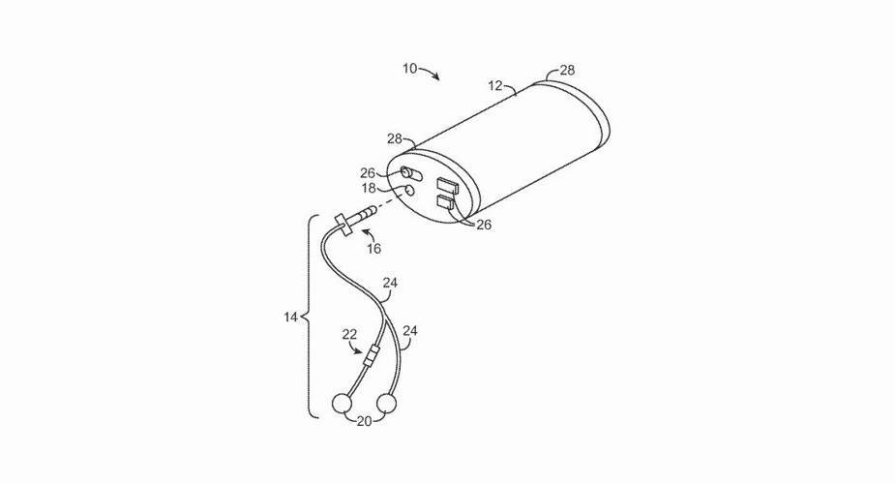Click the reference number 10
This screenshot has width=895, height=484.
coord(410,69)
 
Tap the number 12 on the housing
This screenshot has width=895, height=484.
coord(494,85)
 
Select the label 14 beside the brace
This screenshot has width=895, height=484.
coord(290,317)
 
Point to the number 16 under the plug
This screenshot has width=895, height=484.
coord(373,249)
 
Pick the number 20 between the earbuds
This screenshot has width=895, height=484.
coord(364,421)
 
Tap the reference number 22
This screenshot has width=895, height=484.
coord(349,335)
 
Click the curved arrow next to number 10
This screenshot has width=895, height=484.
coord(430,72)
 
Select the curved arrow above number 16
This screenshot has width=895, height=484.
coord(370,233)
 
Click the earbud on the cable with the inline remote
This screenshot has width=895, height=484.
coord(341,404)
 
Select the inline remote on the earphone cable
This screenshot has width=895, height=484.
coord(371,357)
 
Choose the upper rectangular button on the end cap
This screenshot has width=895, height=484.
coord(447,186)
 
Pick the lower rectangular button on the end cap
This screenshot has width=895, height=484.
coord(445,202)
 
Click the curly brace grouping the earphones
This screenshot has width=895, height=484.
coord(310,317)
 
